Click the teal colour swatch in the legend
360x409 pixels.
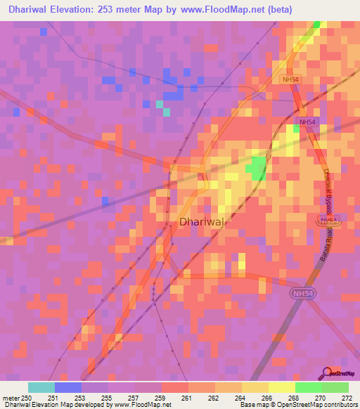coord(41,387)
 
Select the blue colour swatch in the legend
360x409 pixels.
coord(68,387)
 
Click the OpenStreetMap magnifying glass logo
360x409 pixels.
coord(328,373)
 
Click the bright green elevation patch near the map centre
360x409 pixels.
coord(257,169)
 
